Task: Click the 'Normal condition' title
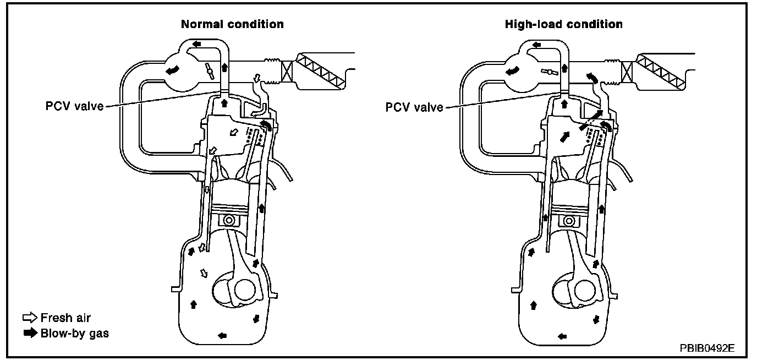tap(233, 24)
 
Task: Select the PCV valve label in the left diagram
tap(74, 106)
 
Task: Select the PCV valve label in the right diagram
tap(414, 107)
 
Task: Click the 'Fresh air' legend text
tap(65, 318)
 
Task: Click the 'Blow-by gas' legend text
tap(74, 333)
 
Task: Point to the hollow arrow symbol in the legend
tap(29, 318)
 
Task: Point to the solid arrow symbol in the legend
tap(29, 333)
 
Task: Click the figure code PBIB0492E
tap(707, 348)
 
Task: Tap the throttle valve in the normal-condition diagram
tap(209, 69)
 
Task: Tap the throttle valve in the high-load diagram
tap(548, 71)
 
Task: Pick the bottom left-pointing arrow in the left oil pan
tap(222, 335)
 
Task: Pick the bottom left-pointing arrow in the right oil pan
tap(562, 335)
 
